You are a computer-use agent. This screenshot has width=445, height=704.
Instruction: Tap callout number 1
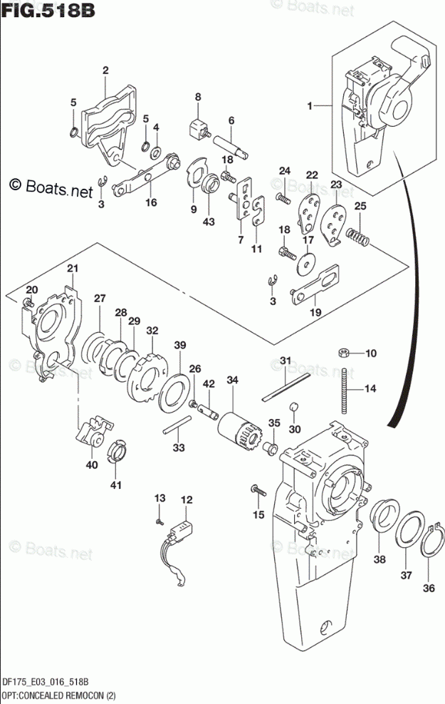pos(310,106)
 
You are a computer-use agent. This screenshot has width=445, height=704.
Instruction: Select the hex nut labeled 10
pos(342,352)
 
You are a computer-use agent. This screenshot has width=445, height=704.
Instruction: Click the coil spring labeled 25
pos(357,234)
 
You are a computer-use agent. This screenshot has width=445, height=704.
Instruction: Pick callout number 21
pos(71,268)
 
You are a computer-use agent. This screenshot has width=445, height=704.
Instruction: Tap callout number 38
pos(379,559)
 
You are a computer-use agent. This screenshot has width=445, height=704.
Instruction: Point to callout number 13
pos(160,497)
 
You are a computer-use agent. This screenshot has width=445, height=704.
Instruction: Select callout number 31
pos(285,360)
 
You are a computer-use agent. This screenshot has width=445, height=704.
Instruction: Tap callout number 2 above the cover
pos(105,70)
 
